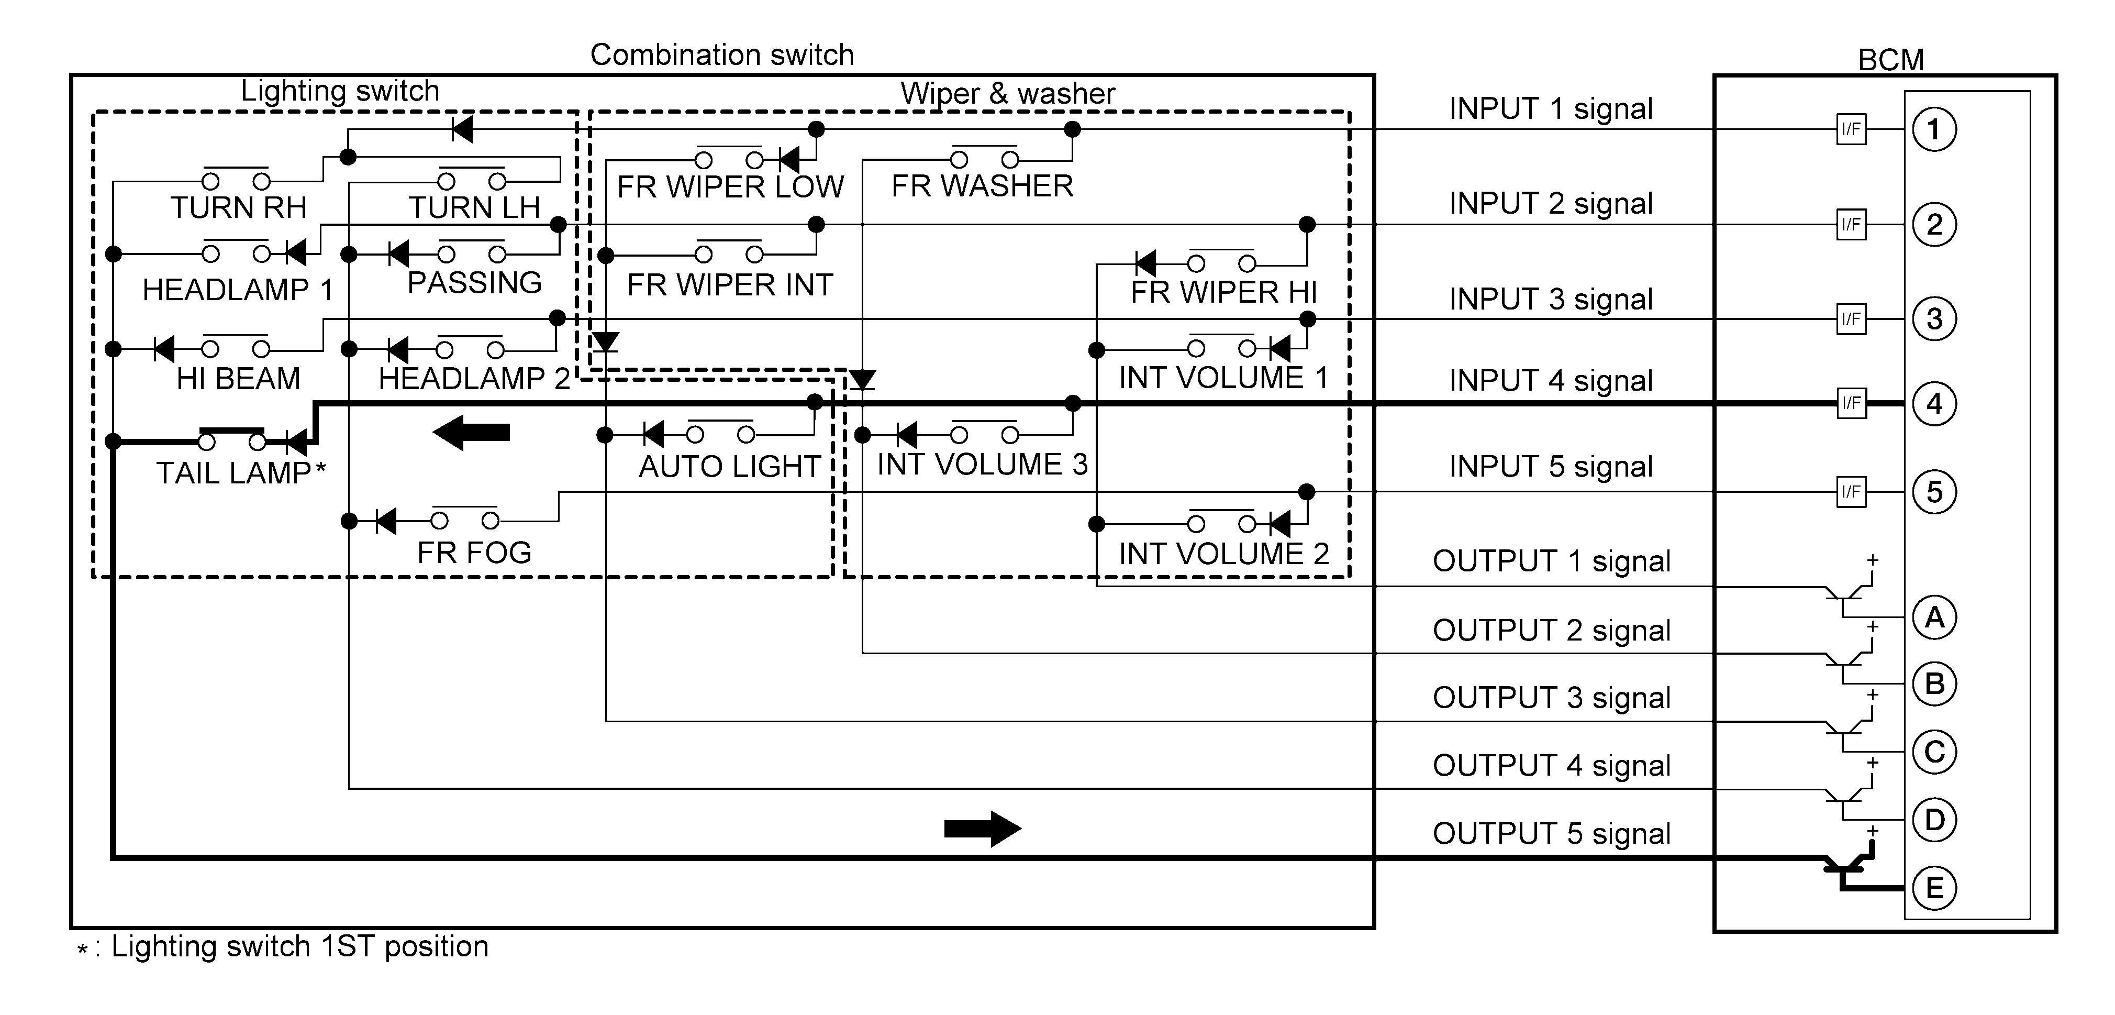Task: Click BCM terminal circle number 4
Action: point(1934,403)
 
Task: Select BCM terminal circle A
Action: point(1934,617)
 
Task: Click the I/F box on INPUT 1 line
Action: point(1851,129)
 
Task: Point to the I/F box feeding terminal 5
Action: point(1851,492)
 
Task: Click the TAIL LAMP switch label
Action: point(234,473)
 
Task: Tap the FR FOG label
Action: point(474,553)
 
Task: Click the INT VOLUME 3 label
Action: point(982,464)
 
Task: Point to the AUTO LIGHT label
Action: point(729,467)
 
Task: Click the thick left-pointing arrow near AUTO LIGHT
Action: point(471,432)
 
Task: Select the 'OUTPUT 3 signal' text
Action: point(1551,697)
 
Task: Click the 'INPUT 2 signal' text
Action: point(1551,203)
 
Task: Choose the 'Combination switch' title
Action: point(722,55)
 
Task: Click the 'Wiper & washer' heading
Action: point(1007,93)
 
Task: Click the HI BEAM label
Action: point(238,379)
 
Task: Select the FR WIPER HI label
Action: point(1223,292)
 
